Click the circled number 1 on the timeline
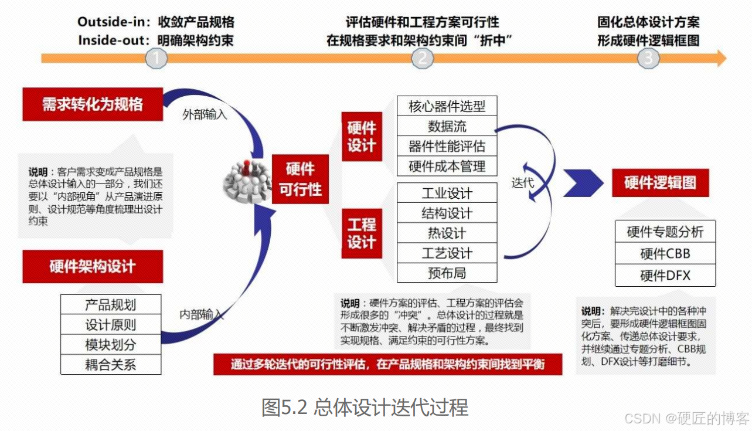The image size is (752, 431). pyautogui.click(x=156, y=58)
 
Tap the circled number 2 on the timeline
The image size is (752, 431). pyautogui.click(x=422, y=58)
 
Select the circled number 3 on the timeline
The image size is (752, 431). pyautogui.click(x=648, y=58)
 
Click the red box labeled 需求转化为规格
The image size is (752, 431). pyautogui.click(x=93, y=105)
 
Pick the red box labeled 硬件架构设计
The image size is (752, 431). pyautogui.click(x=93, y=267)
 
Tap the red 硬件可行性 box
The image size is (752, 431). pyautogui.click(x=300, y=179)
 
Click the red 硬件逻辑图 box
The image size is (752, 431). pyautogui.click(x=660, y=182)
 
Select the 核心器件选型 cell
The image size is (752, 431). pyautogui.click(x=447, y=106)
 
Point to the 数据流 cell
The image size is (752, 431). pyautogui.click(x=447, y=126)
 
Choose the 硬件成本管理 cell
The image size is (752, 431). pyautogui.click(x=447, y=166)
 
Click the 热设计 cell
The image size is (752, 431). pyautogui.click(x=447, y=233)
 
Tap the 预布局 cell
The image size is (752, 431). pyautogui.click(x=447, y=273)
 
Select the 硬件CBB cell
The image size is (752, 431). pyautogui.click(x=665, y=253)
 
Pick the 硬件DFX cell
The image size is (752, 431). pyautogui.click(x=665, y=276)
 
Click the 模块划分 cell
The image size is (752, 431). pyautogui.click(x=111, y=344)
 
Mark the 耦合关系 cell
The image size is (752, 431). pyautogui.click(x=111, y=364)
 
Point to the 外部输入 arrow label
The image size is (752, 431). pyautogui.click(x=205, y=114)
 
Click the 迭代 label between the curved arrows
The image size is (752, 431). pyautogui.click(x=522, y=182)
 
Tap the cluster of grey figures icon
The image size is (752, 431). pyautogui.click(x=246, y=178)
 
